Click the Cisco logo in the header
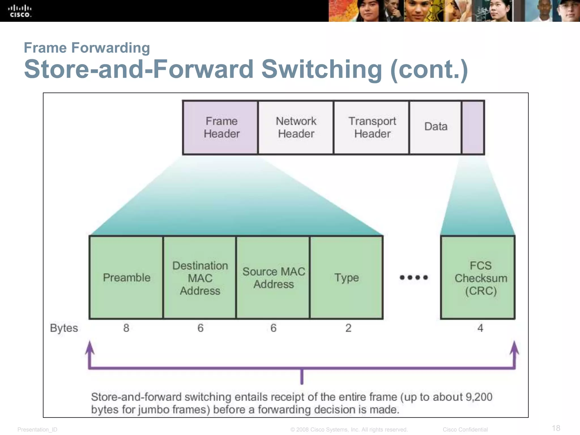tap(20, 11)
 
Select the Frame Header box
tap(221, 127)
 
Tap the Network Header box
tap(296, 127)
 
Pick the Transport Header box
tap(372, 127)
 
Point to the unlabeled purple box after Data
tap(473, 127)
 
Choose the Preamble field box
tap(126, 278)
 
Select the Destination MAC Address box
tap(200, 278)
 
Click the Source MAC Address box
tap(273, 278)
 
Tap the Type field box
tap(346, 278)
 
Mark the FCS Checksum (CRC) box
tap(478, 278)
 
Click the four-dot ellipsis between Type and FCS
tap(413, 278)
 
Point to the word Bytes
tap(64, 328)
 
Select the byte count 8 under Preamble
tap(126, 328)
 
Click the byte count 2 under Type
tap(348, 328)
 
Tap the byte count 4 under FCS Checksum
tap(480, 328)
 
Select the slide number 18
tap(556, 428)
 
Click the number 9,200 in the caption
tap(479, 397)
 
